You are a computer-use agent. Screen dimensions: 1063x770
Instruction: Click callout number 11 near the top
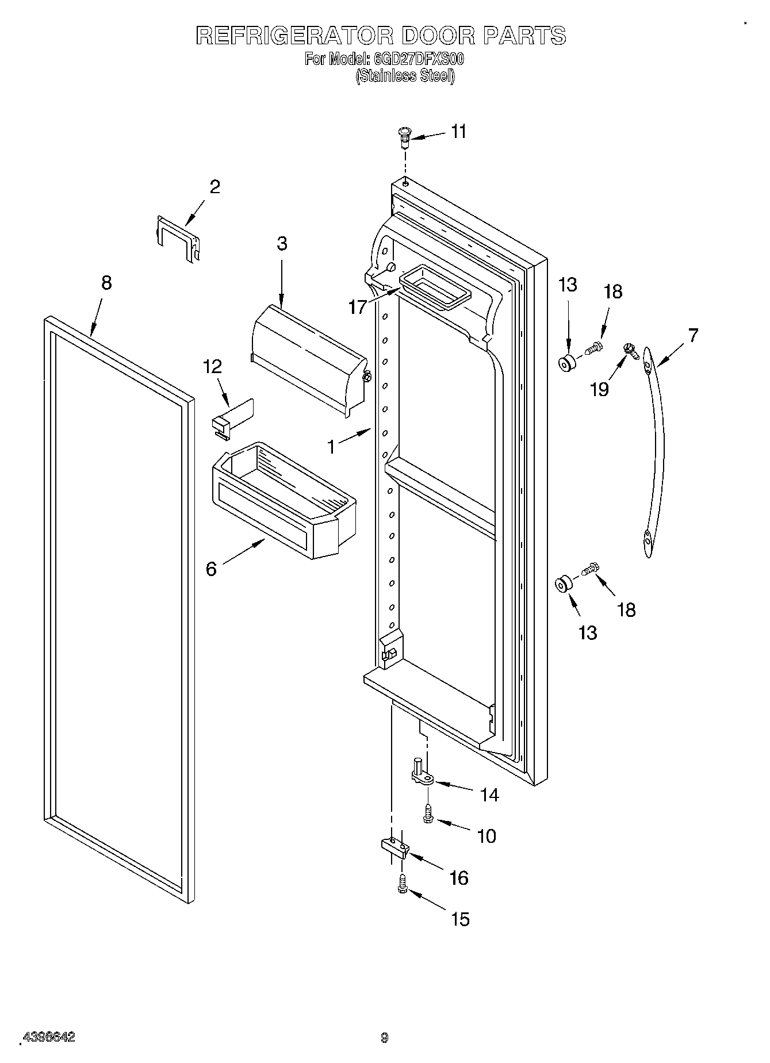coord(458,132)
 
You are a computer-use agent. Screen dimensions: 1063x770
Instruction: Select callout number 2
coord(214,187)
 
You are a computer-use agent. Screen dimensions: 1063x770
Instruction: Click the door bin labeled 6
coord(284,500)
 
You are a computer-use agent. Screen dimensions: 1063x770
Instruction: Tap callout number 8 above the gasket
coord(106,283)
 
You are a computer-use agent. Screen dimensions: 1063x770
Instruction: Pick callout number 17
coord(357,307)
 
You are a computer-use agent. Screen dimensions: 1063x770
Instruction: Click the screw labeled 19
coord(631,350)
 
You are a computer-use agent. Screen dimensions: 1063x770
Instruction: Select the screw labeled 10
coord(428,813)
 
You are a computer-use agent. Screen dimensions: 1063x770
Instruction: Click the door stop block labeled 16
coord(394,847)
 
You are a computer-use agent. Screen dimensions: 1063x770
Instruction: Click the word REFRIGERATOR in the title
coord(294,36)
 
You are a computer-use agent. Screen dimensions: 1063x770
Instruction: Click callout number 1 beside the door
coord(331,447)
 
